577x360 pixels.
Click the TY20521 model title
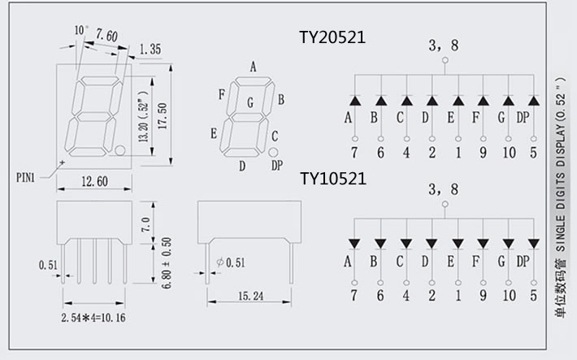coord(332,37)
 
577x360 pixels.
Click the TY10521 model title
coord(332,177)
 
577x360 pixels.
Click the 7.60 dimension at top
coord(107,34)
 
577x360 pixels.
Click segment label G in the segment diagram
coord(250,102)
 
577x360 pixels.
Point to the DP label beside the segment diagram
coord(277,166)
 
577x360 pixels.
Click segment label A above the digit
coord(254,67)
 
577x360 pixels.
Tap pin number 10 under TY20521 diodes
coord(508,152)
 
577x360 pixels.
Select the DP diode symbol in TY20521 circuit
coord(533,100)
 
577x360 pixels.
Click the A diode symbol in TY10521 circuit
coord(354,243)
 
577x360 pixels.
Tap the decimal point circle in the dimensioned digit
coord(120,150)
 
